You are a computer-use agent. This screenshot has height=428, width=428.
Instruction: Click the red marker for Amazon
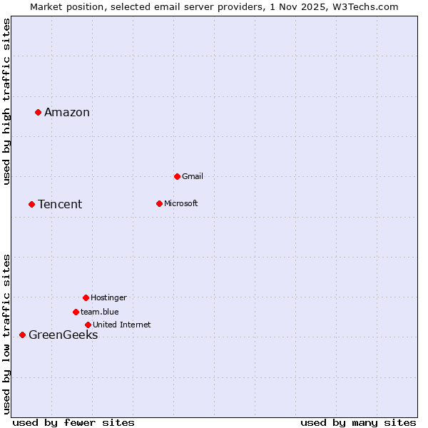point(38,112)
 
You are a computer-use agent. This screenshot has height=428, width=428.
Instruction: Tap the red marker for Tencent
point(31,204)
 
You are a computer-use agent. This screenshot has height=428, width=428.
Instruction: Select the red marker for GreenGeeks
point(22,335)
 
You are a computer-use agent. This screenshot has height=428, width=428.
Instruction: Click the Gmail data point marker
point(177,176)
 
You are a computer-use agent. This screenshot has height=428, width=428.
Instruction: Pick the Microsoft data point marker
point(159,203)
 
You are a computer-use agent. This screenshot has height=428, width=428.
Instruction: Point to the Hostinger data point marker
point(86,297)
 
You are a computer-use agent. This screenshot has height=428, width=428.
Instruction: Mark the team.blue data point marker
point(76,312)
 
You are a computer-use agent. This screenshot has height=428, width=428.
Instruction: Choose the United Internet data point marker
point(88,325)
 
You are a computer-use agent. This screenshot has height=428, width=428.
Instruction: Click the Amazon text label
point(67,112)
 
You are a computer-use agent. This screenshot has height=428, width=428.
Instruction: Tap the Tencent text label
point(60,205)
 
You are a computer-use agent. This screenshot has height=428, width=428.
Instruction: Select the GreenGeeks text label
point(63,335)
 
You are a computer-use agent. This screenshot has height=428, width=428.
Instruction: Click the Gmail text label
point(193,176)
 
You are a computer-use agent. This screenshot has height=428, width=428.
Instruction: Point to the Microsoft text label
point(181,203)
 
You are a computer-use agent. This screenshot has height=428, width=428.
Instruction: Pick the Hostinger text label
point(108,297)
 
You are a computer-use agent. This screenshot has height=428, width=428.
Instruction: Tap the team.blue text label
point(100,312)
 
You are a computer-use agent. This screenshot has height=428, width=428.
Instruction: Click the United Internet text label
point(122,325)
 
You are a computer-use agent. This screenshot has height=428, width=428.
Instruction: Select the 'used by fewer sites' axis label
point(73,422)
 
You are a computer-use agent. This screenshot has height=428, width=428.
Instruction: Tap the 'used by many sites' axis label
point(358,422)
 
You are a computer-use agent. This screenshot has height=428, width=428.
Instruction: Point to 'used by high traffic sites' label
point(6,101)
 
